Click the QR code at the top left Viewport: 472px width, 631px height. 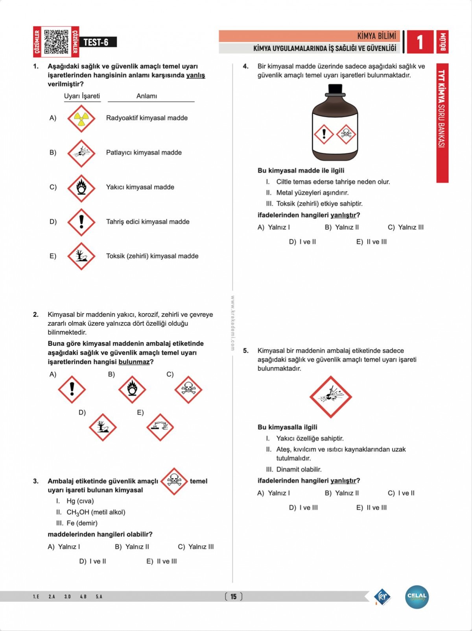coord(56,42)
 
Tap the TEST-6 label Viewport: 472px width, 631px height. coord(96,42)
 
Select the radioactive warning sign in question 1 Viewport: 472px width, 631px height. coord(81,118)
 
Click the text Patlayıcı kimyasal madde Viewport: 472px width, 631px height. coord(144,152)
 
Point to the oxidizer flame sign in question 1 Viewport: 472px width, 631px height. coord(81,187)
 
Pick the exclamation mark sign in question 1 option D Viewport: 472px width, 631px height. coord(81,222)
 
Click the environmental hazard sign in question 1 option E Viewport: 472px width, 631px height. coord(81,256)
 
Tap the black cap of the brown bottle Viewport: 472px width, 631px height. coord(335,90)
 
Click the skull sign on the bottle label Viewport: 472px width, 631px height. coord(346,134)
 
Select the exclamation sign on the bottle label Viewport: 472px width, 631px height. coord(324,134)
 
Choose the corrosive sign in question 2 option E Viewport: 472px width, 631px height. coord(160,427)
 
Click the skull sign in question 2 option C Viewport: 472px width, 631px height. coord(188,389)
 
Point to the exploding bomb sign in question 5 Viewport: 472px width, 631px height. coord(330,397)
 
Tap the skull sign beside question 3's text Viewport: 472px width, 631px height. coord(174,481)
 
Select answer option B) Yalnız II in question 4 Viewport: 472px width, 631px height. coord(342,227)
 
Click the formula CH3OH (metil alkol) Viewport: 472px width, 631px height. coord(96,512)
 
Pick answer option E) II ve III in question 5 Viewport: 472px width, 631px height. coord(371,508)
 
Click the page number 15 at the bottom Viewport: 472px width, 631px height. coord(234,596)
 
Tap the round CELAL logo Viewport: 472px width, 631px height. coord(417,597)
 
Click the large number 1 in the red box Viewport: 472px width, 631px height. coord(420,42)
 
